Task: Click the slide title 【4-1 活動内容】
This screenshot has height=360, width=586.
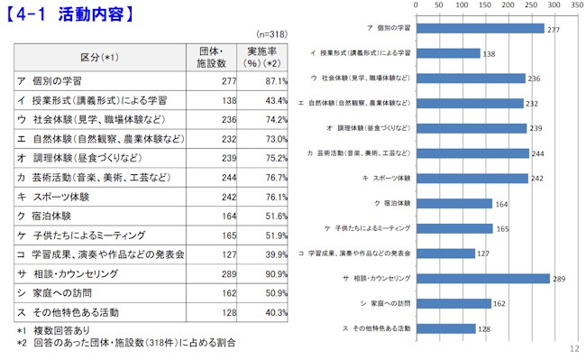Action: tap(72, 14)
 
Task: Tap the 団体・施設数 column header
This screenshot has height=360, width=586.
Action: tap(211, 58)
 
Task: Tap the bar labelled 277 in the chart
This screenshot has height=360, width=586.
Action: tap(480, 29)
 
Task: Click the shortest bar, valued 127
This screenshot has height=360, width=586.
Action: tap(446, 253)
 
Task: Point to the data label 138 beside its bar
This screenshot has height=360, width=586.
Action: tap(489, 54)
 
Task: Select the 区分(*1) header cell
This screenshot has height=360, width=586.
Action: tap(99, 58)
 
